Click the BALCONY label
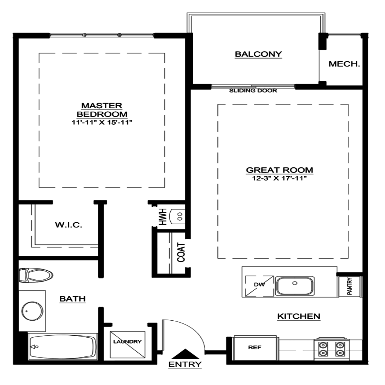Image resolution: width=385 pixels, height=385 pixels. click(x=258, y=54)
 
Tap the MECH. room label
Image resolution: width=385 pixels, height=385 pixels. click(x=344, y=64)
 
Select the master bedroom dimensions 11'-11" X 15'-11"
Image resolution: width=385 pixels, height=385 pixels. click(x=102, y=122)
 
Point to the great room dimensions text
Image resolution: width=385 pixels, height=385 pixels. click(x=280, y=178)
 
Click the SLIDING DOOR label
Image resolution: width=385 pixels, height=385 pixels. click(x=253, y=91)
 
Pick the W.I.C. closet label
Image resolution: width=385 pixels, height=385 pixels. click(x=68, y=225)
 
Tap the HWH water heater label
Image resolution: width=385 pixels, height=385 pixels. click(x=163, y=217)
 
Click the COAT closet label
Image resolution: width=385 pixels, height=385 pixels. click(x=181, y=252)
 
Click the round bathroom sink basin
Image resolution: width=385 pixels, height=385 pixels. click(x=32, y=311)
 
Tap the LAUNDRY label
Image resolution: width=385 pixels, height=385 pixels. click(x=127, y=341)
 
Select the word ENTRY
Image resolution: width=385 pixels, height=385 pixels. click(x=185, y=364)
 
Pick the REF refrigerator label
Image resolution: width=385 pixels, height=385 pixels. click(x=255, y=347)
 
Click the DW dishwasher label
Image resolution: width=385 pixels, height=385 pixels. click(x=259, y=285)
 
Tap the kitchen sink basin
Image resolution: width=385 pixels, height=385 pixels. click(x=295, y=286)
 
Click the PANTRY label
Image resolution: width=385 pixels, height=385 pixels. click(x=350, y=286)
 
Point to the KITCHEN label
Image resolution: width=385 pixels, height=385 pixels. click(x=299, y=316)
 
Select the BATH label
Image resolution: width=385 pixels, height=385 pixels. click(x=73, y=299)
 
